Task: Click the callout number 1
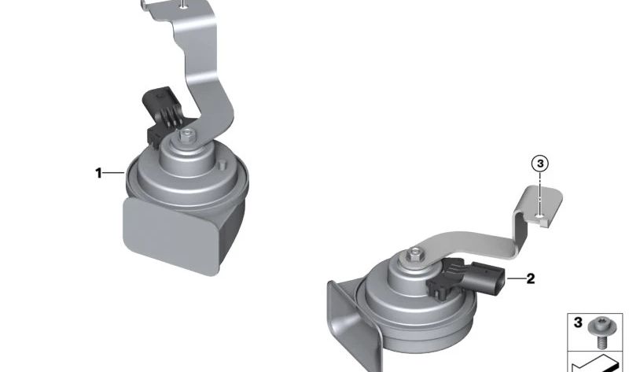(x=98, y=173)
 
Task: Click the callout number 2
(x=530, y=278)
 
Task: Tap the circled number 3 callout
(x=540, y=164)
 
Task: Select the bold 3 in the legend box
(x=578, y=322)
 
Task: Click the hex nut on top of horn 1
(x=186, y=135)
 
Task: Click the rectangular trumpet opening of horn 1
(x=171, y=234)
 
